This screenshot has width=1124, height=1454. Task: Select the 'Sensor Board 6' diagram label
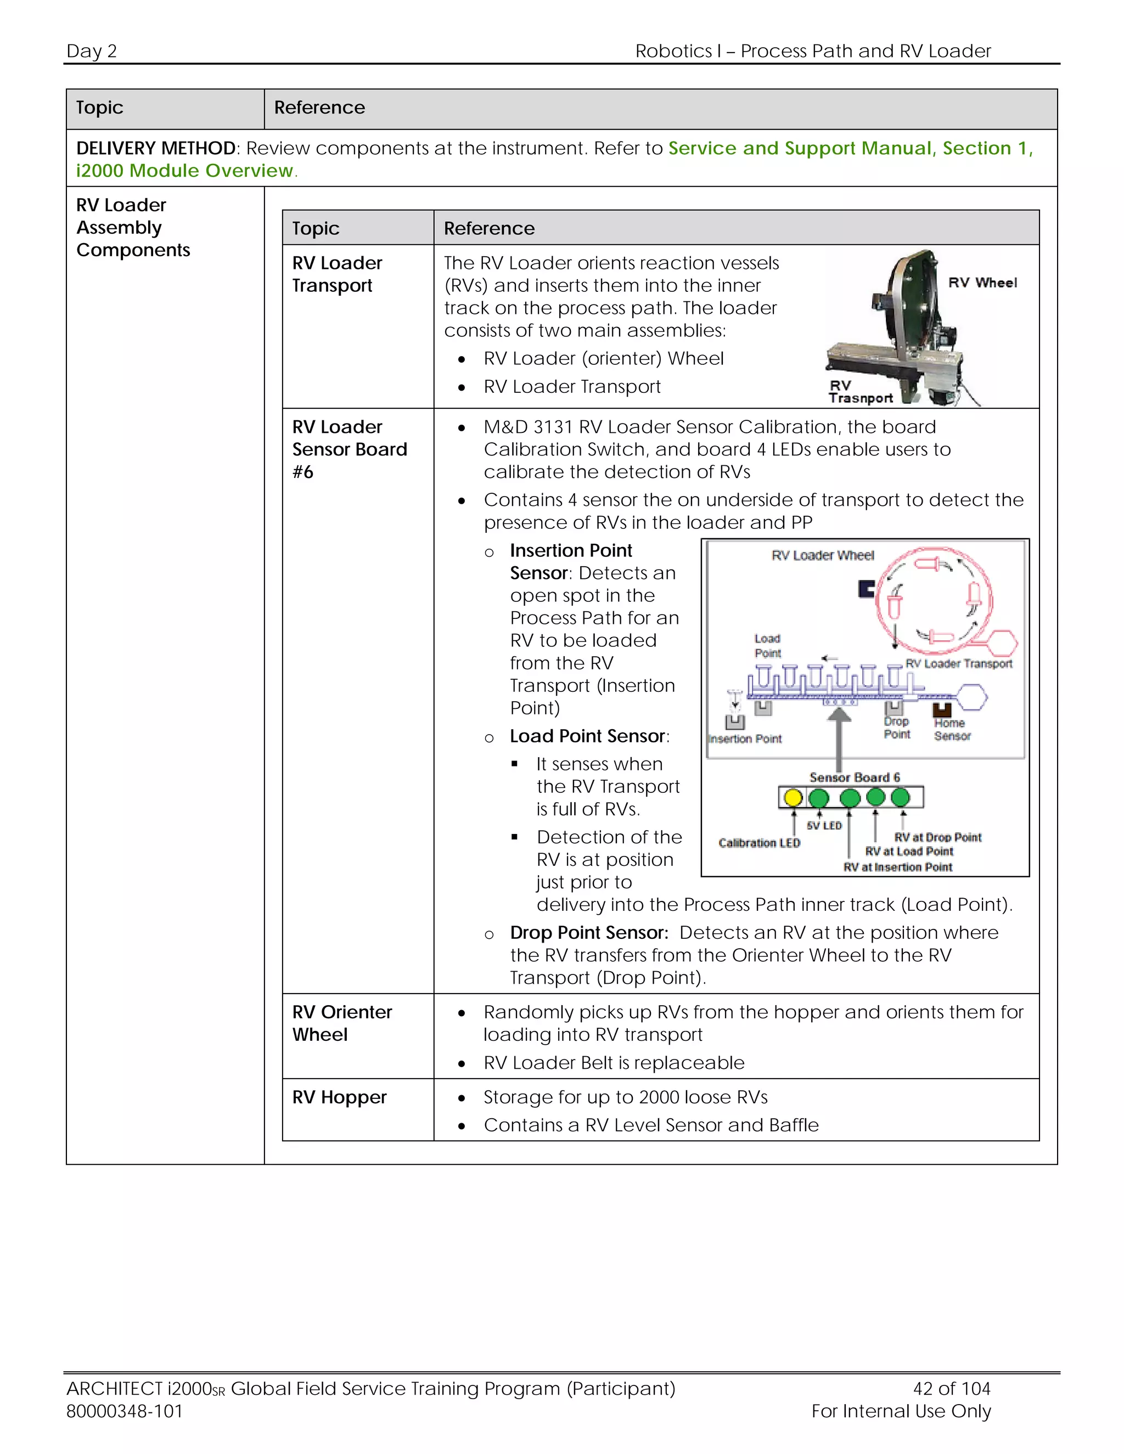(x=855, y=777)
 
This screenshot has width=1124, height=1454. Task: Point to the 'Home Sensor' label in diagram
(x=952, y=729)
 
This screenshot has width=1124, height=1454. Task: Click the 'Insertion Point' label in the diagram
(x=744, y=739)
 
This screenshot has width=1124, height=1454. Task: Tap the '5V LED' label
(x=824, y=826)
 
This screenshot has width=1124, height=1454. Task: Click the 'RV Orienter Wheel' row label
(x=341, y=1023)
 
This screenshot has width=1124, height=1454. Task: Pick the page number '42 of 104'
(x=952, y=1388)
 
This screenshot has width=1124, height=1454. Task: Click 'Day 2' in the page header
(x=91, y=50)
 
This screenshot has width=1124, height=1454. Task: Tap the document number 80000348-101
(x=125, y=1411)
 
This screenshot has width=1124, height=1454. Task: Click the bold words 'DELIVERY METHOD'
(x=156, y=148)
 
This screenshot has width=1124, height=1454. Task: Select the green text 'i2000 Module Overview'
(x=184, y=171)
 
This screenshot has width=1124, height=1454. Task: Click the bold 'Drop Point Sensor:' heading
(x=589, y=932)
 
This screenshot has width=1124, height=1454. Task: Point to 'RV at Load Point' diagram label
(x=909, y=851)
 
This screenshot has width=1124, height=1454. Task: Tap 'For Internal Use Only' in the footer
(x=901, y=1411)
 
